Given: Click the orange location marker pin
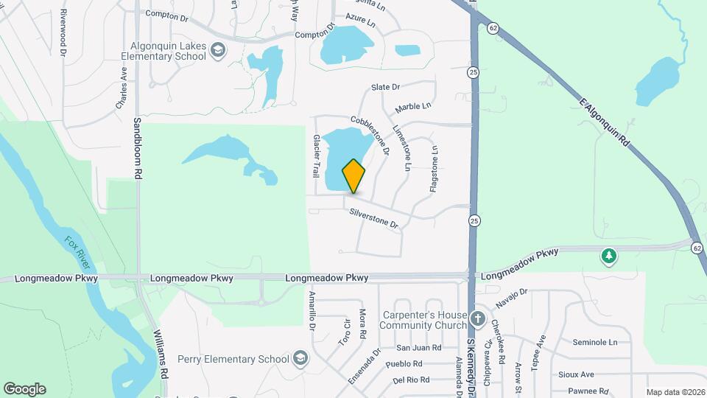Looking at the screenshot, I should [353, 176].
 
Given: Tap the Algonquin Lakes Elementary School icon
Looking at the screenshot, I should [218, 50].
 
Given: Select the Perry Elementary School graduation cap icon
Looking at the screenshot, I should [300, 359].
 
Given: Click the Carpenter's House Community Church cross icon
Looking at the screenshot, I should [478, 318].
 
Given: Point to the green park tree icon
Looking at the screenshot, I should [608, 256].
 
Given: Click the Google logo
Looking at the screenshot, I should [24, 389].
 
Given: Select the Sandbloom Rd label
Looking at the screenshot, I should [137, 147].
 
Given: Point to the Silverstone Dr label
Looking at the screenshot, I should [374, 217].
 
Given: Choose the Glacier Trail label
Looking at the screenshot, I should [317, 156].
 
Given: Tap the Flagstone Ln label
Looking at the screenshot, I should [434, 170].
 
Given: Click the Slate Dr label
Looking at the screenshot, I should [385, 87].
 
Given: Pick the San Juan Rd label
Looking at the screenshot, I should [418, 347].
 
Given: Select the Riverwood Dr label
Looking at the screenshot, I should [63, 33].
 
